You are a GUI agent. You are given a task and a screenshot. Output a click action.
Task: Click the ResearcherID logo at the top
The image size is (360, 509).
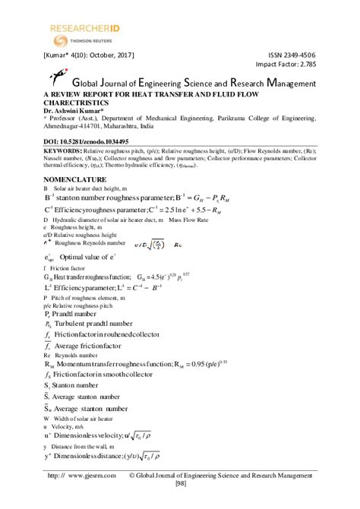(81, 29)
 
